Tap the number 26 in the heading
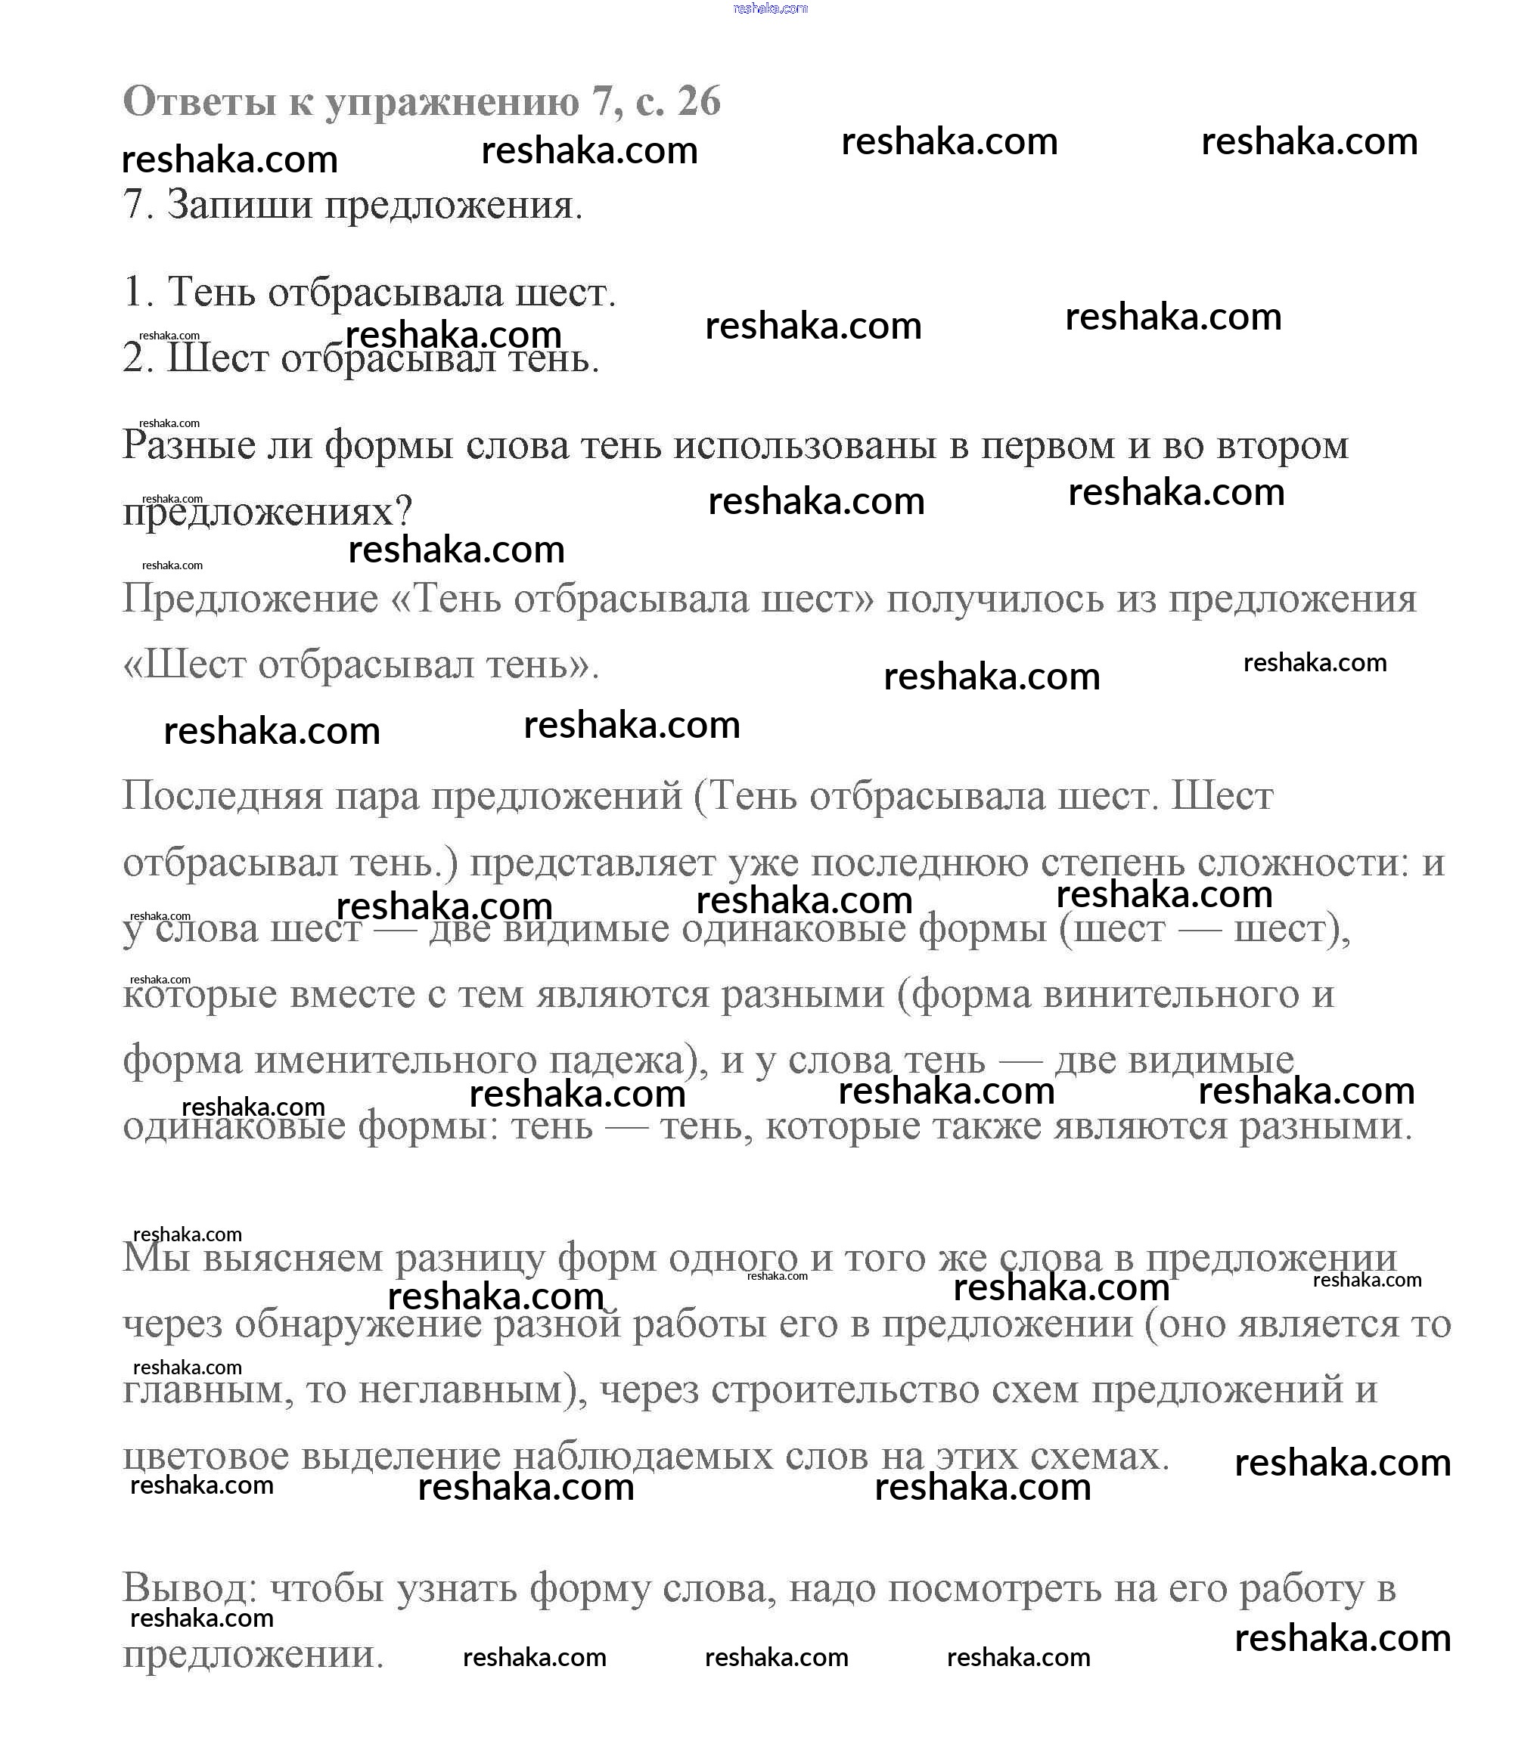click(698, 101)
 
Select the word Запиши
click(239, 206)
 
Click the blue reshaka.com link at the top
click(770, 8)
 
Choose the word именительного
click(396, 1059)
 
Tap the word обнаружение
click(357, 1324)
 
